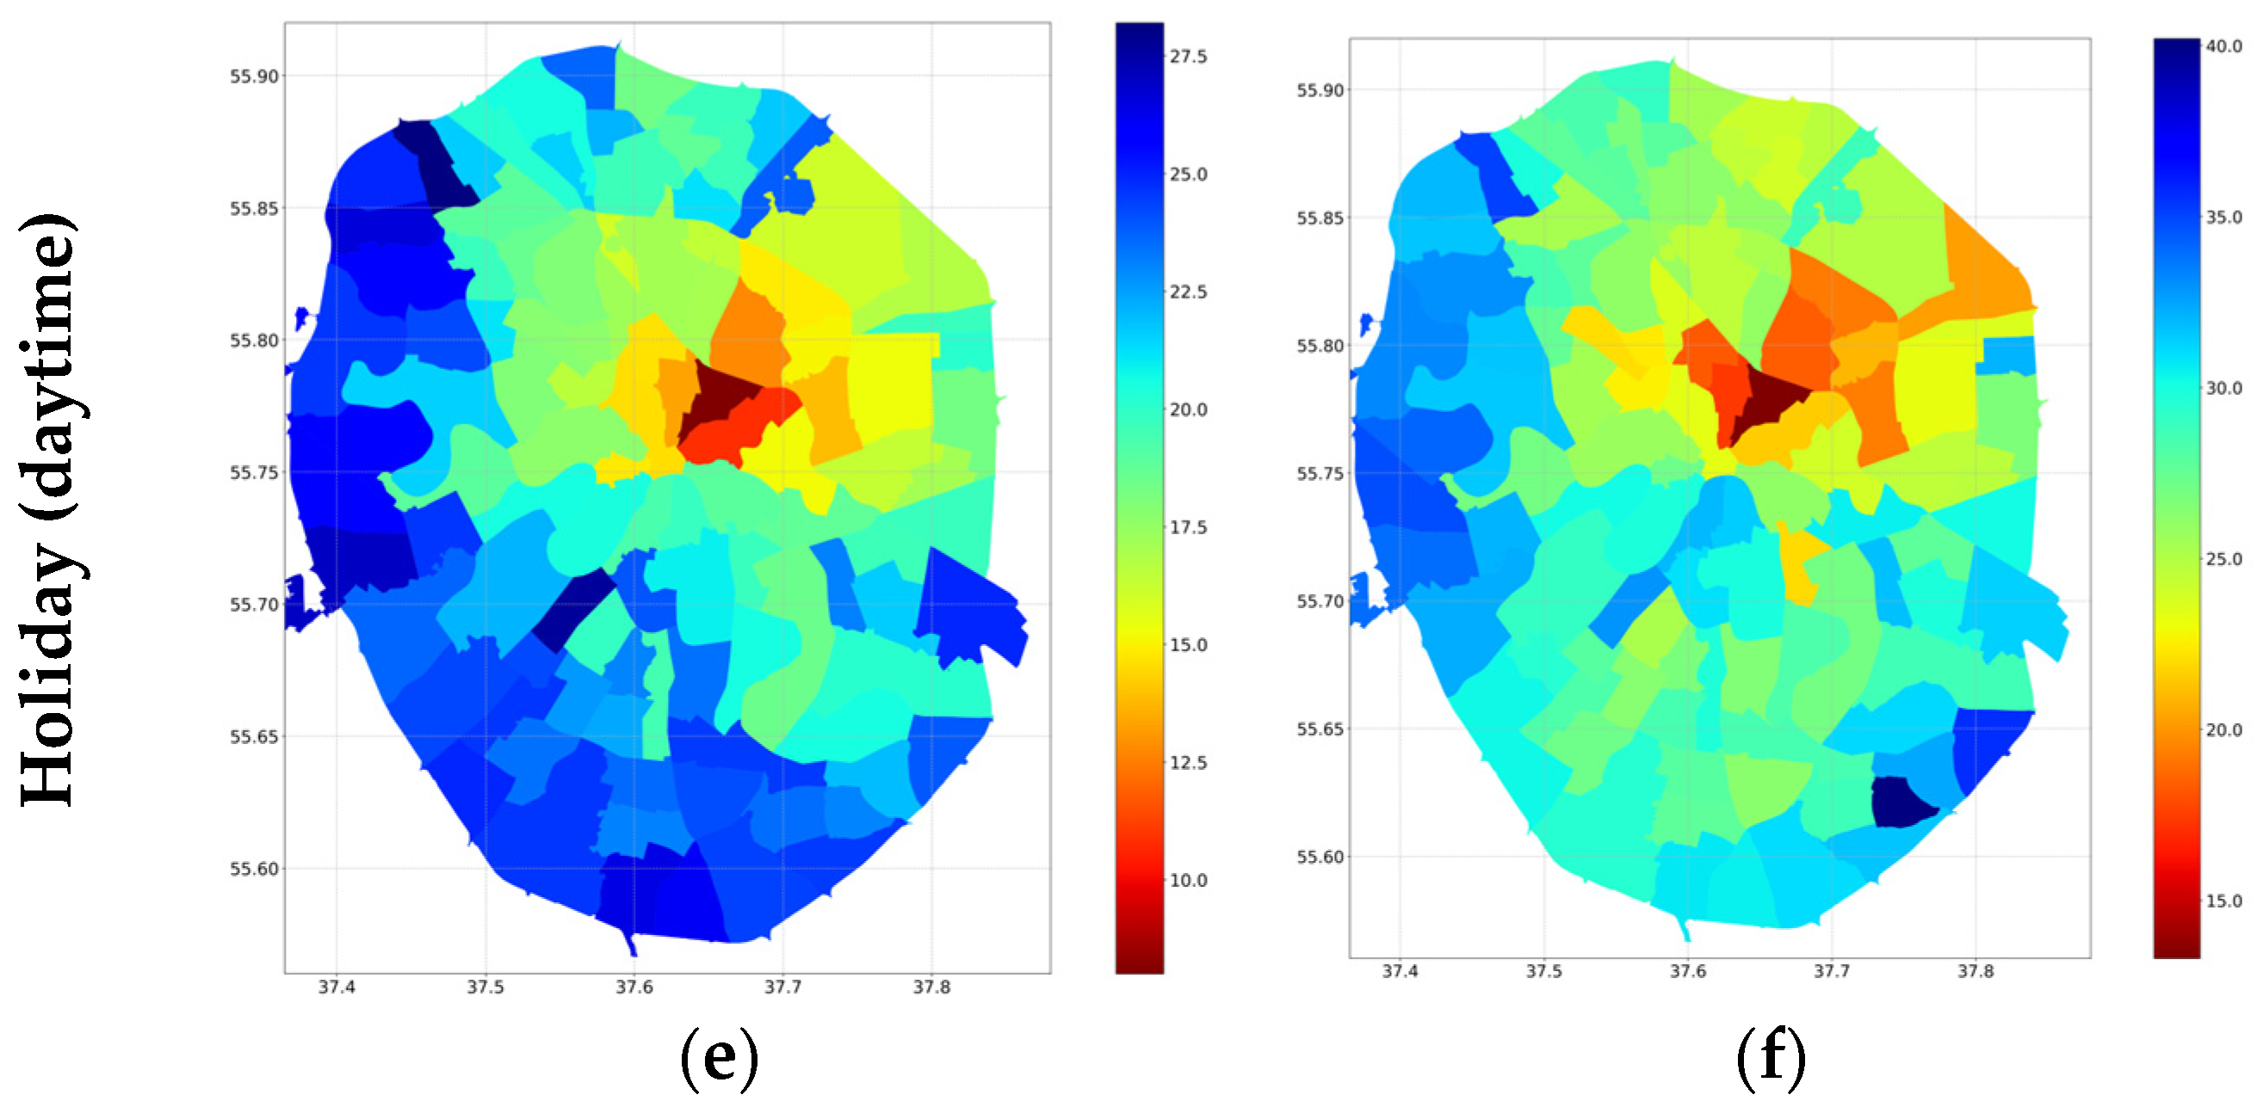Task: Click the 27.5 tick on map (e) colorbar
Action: pos(1187,56)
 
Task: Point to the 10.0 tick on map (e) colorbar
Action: pos(1187,880)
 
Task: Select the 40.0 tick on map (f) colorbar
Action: pos(2223,46)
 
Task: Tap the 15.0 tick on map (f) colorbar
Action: pos(2223,901)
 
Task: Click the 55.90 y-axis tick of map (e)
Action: pos(254,77)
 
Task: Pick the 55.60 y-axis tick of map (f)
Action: pos(1320,857)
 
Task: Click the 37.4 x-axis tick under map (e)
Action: pos(337,987)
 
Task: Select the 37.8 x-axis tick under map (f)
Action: pos(1975,971)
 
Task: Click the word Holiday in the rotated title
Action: pos(48,674)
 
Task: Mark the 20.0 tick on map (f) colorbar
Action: pos(2223,729)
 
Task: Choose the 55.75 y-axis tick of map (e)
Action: pos(254,472)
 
